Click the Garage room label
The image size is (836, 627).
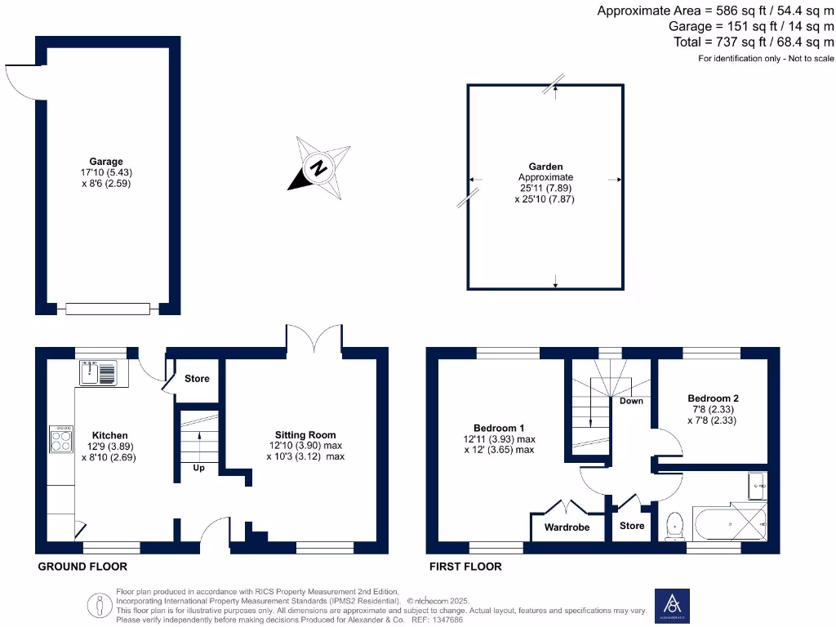[106, 162]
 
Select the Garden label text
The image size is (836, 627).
[545, 167]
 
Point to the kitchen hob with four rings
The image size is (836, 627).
[61, 439]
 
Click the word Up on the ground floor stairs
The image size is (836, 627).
[198, 468]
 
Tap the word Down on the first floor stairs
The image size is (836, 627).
[631, 401]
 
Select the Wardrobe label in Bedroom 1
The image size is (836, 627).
[567, 527]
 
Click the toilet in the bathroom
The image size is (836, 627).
[675, 526]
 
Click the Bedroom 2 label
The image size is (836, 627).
[714, 398]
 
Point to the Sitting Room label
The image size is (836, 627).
[305, 435]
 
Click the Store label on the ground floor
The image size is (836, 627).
[197, 379]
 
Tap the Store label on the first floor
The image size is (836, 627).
[632, 526]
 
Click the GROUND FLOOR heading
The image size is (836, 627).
[82, 566]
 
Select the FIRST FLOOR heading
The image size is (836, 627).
[466, 566]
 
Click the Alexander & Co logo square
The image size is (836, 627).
[673, 605]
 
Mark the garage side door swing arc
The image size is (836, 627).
[20, 82]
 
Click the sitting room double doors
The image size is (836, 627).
[314, 337]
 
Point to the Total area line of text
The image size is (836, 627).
[754, 42]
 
